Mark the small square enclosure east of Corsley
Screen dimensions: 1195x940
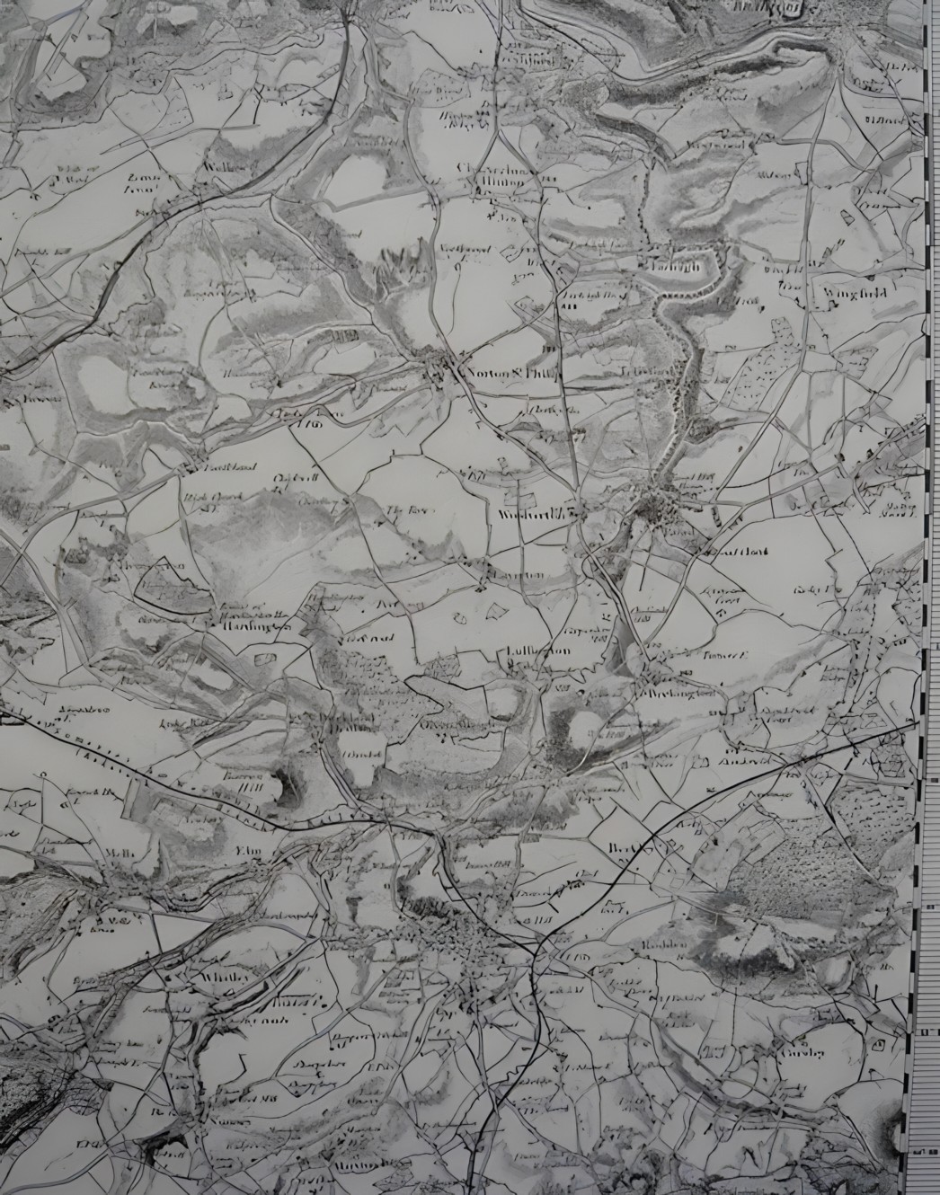click(882, 1046)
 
